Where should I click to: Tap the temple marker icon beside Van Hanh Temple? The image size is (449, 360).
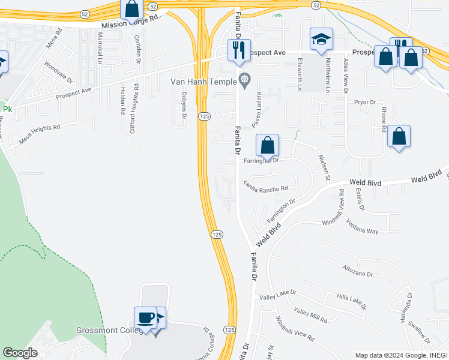tap(244, 79)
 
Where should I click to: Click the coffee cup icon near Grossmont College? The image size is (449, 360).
tap(146, 317)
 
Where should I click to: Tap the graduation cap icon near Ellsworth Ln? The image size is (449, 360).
tap(321, 39)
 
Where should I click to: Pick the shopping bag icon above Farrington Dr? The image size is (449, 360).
tap(268, 145)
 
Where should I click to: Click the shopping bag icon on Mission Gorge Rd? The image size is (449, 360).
tap(131, 10)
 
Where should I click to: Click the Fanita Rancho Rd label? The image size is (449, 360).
tap(270, 187)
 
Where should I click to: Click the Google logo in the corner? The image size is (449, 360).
tap(20, 353)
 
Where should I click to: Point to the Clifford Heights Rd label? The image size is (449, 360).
tap(136, 108)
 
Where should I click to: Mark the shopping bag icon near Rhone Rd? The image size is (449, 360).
tap(399, 136)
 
